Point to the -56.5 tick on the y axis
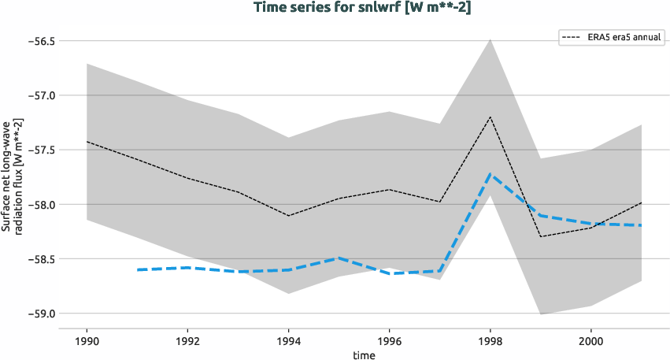[36, 41]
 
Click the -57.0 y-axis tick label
[36, 95]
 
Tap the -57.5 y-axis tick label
[36, 150]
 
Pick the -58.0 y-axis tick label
[36, 205]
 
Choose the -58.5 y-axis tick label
[36, 259]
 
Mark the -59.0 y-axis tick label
[36, 314]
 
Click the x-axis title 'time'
[364, 354]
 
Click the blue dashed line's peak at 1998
[490, 174]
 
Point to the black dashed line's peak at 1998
[490, 117]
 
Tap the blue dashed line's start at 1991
[138, 269]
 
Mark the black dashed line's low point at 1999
[541, 236]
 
